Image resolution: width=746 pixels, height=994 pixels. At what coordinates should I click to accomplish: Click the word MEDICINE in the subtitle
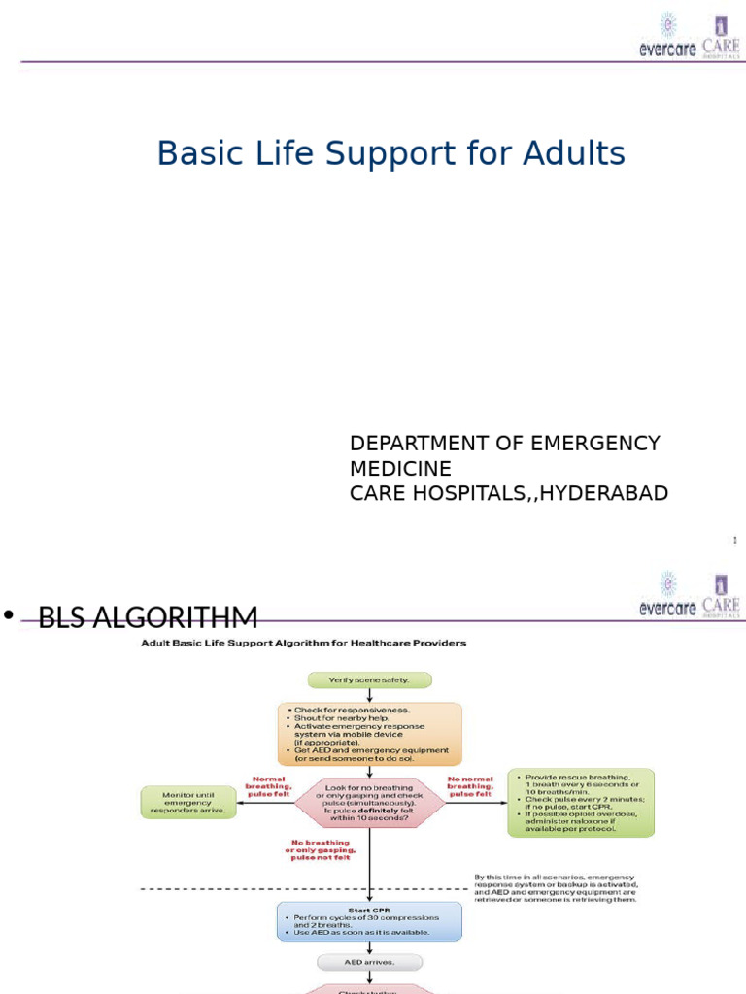tap(400, 469)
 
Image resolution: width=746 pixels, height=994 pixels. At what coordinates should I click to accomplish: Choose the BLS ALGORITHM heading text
tap(148, 617)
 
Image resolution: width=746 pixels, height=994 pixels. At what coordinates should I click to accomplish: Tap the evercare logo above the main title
tap(668, 37)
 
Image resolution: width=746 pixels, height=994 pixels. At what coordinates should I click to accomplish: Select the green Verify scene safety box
tap(369, 680)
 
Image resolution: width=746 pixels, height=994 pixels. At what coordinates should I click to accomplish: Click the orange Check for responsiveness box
tap(369, 734)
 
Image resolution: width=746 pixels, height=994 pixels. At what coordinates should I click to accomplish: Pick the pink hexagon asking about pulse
tap(369, 802)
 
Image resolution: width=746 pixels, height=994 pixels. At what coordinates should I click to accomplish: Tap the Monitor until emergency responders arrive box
tap(188, 802)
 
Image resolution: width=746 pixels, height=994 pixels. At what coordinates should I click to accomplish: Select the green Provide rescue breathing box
tap(581, 803)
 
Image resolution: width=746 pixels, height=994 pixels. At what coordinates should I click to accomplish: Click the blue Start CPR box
tap(369, 920)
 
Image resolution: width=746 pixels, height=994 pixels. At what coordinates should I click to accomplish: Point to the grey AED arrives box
tap(369, 962)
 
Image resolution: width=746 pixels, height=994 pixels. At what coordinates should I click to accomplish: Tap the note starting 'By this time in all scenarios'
tap(556, 888)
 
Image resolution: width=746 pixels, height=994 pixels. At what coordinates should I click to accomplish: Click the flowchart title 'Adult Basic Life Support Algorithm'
tap(303, 643)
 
